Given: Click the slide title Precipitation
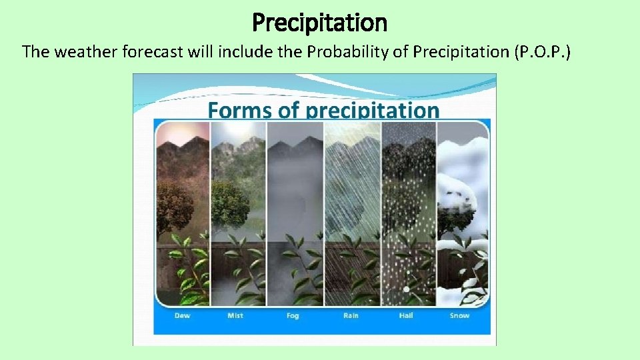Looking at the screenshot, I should click(x=319, y=23).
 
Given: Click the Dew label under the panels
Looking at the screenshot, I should click(x=182, y=315).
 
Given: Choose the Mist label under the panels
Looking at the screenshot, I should click(x=235, y=315).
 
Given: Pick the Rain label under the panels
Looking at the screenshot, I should click(x=351, y=315).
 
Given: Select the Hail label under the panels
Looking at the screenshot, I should click(x=406, y=315).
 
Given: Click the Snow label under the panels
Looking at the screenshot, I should click(x=459, y=315).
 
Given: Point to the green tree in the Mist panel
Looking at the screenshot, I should click(x=230, y=203).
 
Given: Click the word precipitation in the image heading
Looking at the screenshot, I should click(x=372, y=110).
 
